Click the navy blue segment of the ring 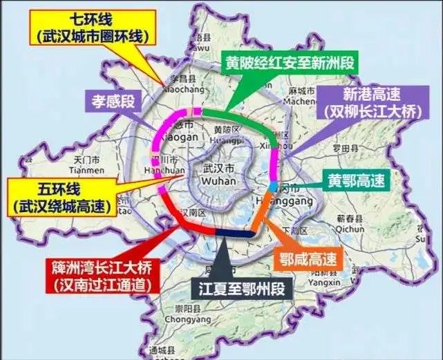coord(235,234)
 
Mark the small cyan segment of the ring coord(274,187)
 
